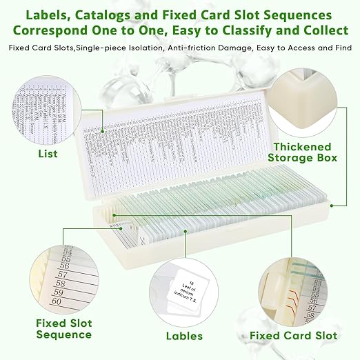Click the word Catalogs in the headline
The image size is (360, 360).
[x=120, y=14]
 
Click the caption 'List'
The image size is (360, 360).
[x=48, y=154]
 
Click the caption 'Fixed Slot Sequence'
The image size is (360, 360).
[x=63, y=329]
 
